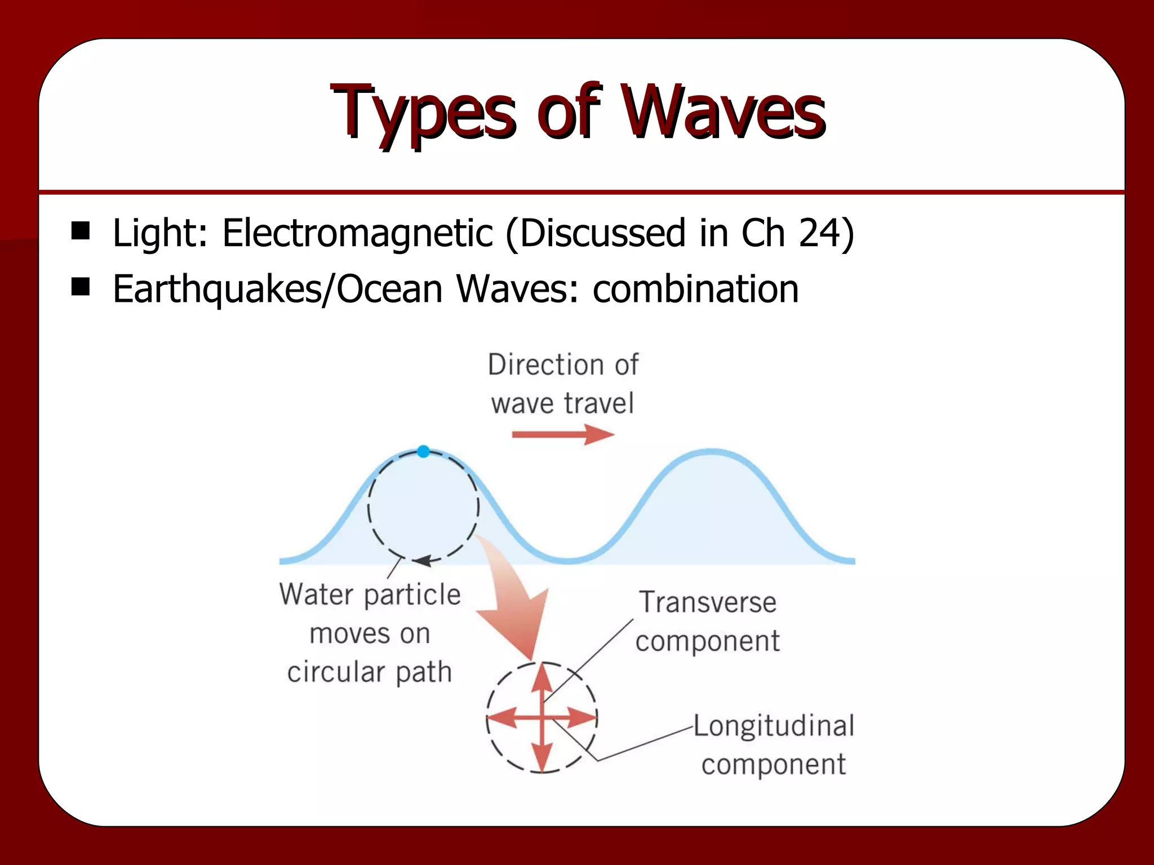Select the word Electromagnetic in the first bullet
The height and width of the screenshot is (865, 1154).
[x=357, y=233]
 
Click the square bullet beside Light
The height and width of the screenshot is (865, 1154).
[x=81, y=230]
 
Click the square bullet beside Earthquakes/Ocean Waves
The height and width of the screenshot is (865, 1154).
[x=81, y=287]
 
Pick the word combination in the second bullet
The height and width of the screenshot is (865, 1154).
[x=695, y=289]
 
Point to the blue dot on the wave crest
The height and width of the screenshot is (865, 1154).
[x=424, y=451]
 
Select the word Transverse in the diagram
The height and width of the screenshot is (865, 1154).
[x=708, y=602]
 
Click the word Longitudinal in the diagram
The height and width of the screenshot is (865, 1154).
[x=774, y=725]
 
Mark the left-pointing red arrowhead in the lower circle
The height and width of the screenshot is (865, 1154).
[x=500, y=719]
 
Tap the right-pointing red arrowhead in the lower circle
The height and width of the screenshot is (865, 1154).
[x=584, y=719]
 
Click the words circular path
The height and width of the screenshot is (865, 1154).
[x=370, y=672]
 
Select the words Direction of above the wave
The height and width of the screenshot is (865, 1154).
[x=562, y=365]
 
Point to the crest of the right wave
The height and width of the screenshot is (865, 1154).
[x=712, y=451]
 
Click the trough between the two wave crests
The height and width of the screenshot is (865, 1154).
[x=569, y=560]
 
